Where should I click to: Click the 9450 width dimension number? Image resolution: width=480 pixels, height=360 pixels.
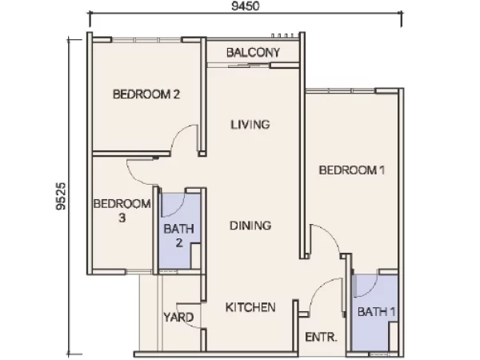coord(246,6)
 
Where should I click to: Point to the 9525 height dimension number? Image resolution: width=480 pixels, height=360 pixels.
coord(61,196)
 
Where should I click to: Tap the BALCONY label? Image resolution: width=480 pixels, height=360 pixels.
coord(253,53)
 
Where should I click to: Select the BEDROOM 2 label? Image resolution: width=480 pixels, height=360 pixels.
coord(146,94)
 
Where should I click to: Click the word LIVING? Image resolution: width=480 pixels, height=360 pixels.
coord(250,125)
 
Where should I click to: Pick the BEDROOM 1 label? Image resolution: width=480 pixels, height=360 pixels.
coord(352,170)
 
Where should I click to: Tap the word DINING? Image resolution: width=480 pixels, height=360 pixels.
coord(250,226)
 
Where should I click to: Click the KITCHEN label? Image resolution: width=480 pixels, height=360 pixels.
coord(250,307)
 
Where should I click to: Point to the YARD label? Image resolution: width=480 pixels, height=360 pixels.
coord(178,317)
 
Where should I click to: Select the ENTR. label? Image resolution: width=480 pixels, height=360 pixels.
coord(321,338)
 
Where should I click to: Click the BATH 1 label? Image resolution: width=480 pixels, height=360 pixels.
coord(377,312)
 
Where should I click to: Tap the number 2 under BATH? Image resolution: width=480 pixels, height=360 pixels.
coord(179,243)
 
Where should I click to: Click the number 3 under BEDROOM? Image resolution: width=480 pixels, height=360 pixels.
coord(122,218)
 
